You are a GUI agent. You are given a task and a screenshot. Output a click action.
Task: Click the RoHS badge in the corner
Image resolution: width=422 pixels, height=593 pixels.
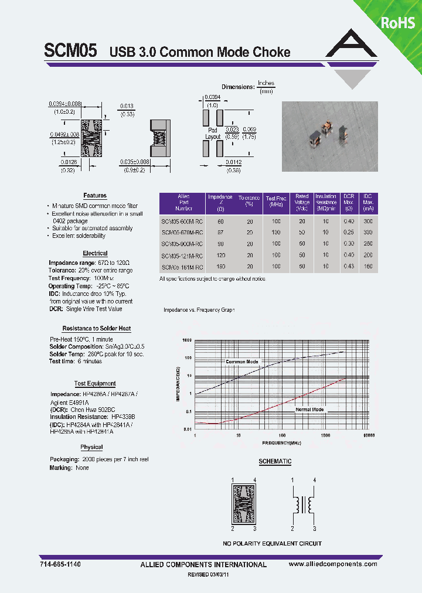[398, 22]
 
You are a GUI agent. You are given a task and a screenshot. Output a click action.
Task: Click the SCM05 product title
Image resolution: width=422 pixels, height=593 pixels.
[70, 52]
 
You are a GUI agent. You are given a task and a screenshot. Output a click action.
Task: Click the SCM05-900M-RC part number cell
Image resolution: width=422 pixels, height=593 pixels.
[182, 243]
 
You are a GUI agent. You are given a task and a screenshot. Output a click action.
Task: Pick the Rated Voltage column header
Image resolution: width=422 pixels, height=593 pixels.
[302, 202]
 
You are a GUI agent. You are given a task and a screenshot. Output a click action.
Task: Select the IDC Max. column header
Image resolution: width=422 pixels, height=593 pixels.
[367, 202]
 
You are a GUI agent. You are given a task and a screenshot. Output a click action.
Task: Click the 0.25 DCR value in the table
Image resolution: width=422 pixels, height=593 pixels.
[349, 233]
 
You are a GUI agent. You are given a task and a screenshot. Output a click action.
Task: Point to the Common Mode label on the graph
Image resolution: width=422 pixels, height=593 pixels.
[242, 362]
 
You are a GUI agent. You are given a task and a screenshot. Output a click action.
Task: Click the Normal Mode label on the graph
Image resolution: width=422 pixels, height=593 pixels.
[309, 409]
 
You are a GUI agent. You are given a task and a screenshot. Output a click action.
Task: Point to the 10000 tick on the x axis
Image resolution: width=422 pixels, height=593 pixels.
[368, 436]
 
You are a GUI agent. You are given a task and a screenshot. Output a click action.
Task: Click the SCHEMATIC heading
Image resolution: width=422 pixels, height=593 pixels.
[275, 462]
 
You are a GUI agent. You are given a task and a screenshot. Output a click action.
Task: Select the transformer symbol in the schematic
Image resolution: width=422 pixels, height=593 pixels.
[304, 503]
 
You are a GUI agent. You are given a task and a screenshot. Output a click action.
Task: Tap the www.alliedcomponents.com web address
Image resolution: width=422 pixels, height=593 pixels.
[333, 564]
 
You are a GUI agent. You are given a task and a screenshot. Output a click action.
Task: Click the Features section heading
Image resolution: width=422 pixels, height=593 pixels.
[95, 196]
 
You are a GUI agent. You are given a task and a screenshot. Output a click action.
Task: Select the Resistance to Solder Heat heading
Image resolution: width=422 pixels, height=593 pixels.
[96, 329]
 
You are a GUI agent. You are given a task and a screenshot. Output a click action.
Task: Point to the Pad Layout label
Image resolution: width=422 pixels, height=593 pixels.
[213, 133]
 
